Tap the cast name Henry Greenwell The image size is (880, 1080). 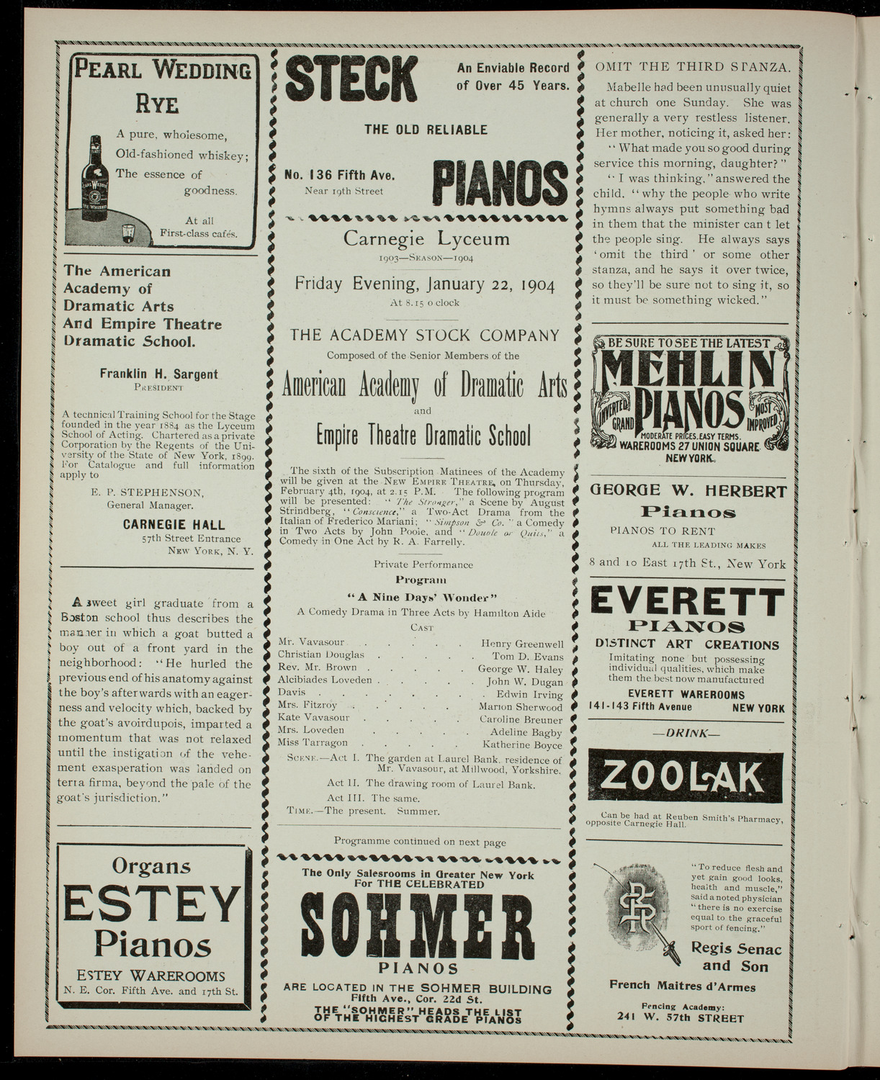click(x=522, y=644)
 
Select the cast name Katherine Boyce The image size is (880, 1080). click(x=522, y=743)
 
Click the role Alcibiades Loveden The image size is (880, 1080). click(x=325, y=680)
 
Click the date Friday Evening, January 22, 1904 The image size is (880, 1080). click(x=425, y=284)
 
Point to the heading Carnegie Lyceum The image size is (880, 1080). click(x=426, y=238)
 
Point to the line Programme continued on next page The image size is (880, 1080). click(x=420, y=841)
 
